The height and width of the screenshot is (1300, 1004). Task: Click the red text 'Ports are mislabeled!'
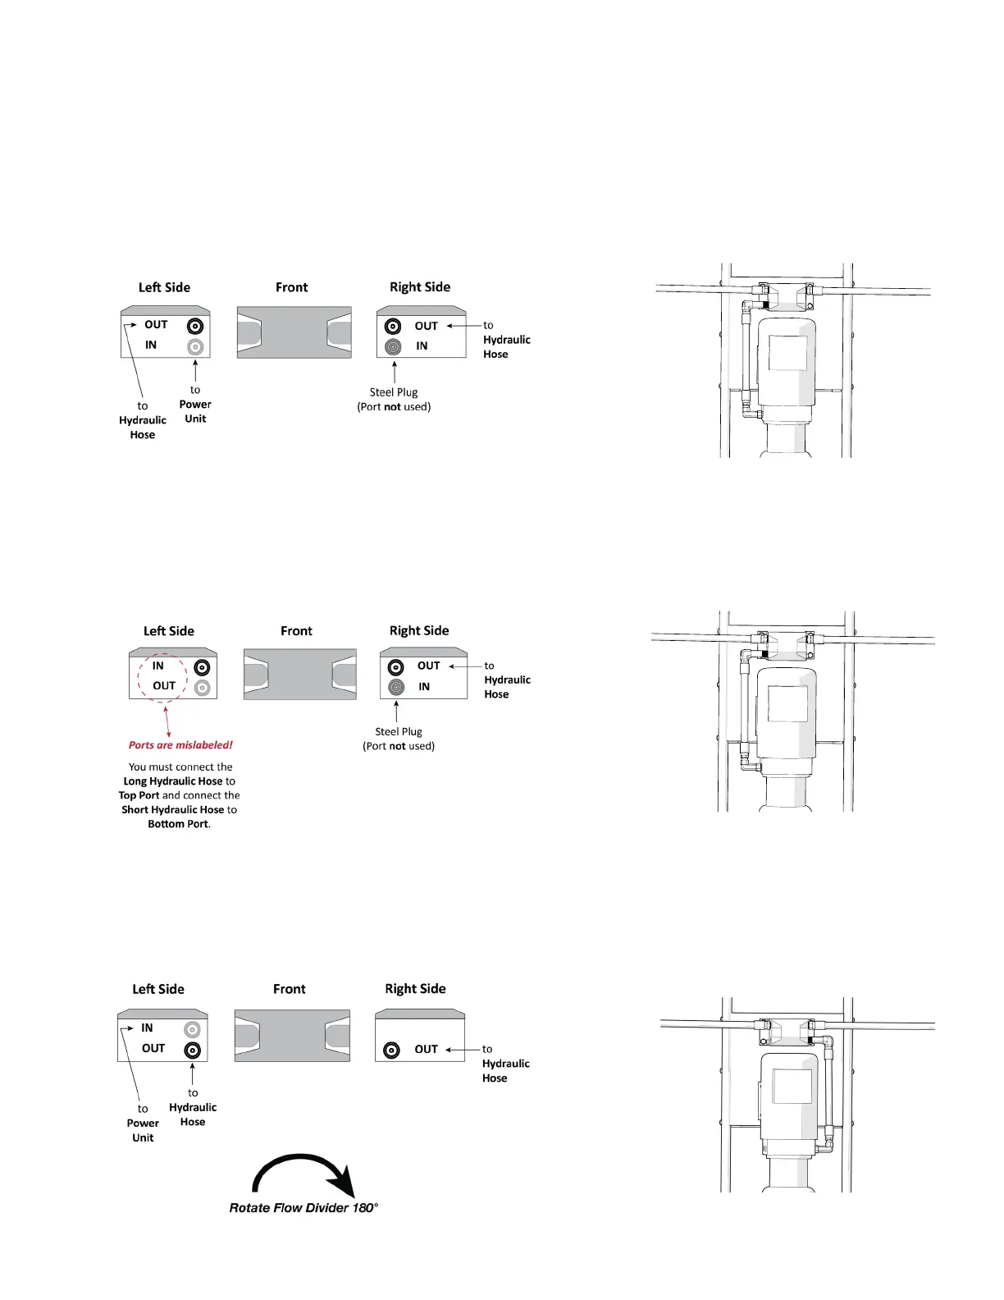coord(180,745)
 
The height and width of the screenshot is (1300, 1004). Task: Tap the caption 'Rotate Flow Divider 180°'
coord(303,1207)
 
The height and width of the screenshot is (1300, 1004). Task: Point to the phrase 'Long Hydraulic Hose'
coord(173,781)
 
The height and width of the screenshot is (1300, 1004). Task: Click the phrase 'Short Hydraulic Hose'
coord(172,809)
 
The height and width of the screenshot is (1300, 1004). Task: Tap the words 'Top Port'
coord(139,795)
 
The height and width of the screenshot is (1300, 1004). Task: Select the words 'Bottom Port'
coord(178,824)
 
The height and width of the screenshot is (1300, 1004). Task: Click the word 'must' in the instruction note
coord(161,767)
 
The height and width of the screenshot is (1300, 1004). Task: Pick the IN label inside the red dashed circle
coord(157,666)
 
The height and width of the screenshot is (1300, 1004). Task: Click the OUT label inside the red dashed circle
coord(164,685)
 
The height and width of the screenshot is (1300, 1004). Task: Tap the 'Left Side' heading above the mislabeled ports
coord(169,631)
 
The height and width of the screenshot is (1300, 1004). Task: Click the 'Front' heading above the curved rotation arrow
coord(290,989)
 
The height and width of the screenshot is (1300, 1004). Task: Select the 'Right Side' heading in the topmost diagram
coord(420,287)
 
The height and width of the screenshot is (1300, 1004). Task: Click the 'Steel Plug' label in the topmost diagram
coord(394,392)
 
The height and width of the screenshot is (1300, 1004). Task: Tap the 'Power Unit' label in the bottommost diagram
coord(143,1130)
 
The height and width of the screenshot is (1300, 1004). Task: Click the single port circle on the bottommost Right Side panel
coord(392,1050)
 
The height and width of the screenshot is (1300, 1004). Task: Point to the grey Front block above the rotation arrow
coord(292,1036)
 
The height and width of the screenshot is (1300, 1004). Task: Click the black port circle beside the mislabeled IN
coord(202,667)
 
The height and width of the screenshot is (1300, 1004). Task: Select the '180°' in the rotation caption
coord(365,1207)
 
